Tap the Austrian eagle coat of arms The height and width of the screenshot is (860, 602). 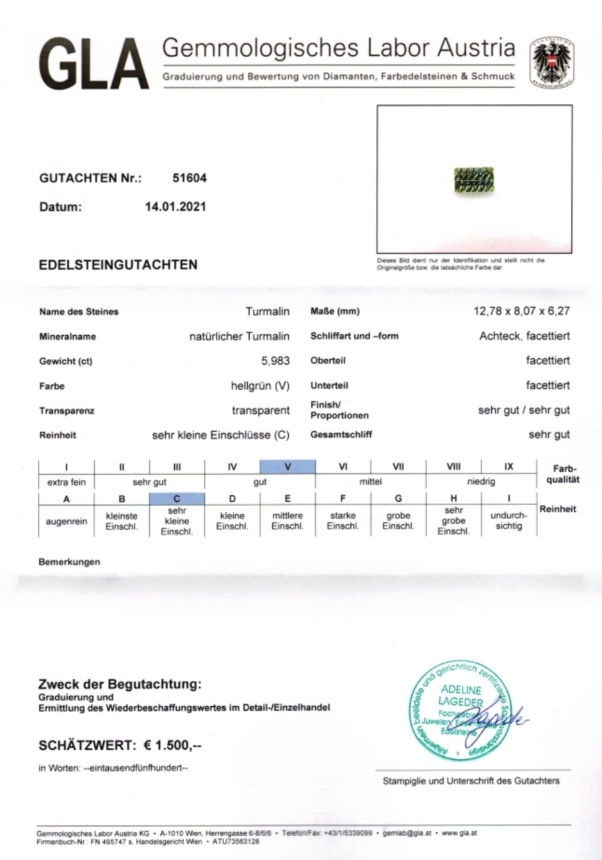click(x=551, y=62)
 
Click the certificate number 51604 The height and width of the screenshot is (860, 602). click(x=190, y=178)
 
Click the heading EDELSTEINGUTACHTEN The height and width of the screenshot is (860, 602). click(x=118, y=265)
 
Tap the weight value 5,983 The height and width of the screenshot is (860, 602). click(x=275, y=361)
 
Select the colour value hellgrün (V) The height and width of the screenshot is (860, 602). click(x=260, y=386)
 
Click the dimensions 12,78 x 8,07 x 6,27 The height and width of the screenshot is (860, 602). click(x=521, y=311)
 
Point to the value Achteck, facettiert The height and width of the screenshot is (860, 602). click(x=524, y=336)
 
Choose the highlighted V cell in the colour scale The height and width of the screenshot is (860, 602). click(x=288, y=467)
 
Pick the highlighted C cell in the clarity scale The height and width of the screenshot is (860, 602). click(x=177, y=499)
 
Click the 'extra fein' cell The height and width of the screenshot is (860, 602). click(x=67, y=482)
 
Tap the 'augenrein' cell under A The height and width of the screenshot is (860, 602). click(x=67, y=521)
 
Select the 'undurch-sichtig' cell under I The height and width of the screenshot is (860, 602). click(x=508, y=520)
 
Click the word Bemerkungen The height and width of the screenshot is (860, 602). click(x=69, y=562)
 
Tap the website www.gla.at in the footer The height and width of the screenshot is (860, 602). click(x=459, y=833)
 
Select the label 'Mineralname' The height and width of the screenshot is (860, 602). click(x=67, y=336)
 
